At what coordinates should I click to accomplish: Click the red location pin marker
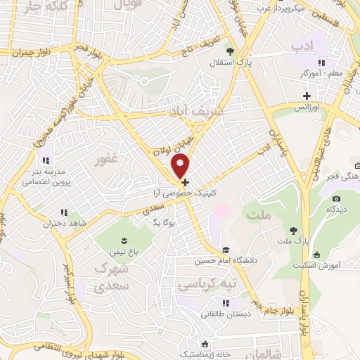(x=181, y=166)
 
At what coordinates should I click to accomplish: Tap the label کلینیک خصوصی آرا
(x=185, y=192)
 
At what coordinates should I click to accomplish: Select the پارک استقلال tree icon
(x=230, y=51)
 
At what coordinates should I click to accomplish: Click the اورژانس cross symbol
(x=307, y=96)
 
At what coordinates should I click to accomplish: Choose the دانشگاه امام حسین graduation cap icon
(x=225, y=250)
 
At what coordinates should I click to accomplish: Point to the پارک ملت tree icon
(x=293, y=231)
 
